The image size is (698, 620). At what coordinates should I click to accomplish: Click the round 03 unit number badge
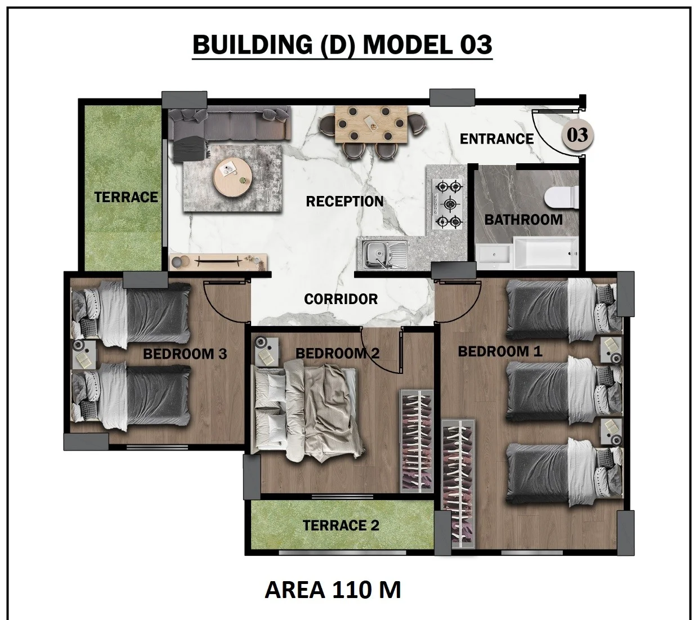coord(578,135)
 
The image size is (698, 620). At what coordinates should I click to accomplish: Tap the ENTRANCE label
coord(496,139)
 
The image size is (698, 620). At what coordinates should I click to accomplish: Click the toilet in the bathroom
coord(561,197)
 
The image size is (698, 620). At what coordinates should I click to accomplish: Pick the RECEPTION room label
coord(344,201)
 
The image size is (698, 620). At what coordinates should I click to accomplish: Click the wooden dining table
coord(372,124)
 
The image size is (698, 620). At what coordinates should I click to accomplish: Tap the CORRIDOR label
coord(341,299)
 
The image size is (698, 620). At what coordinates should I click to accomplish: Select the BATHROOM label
coord(523,220)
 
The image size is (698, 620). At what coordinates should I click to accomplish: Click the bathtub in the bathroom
coord(545,253)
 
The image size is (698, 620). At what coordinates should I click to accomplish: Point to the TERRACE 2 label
coord(341,525)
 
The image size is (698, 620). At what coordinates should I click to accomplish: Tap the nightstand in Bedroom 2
coord(266,351)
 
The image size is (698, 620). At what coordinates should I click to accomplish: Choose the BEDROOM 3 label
coord(185,354)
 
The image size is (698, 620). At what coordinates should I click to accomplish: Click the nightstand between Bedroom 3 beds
coord(84,354)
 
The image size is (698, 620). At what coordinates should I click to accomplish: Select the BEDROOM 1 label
coord(500,351)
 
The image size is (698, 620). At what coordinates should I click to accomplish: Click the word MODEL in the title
coord(408,45)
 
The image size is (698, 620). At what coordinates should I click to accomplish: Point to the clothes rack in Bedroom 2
coord(416,441)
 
